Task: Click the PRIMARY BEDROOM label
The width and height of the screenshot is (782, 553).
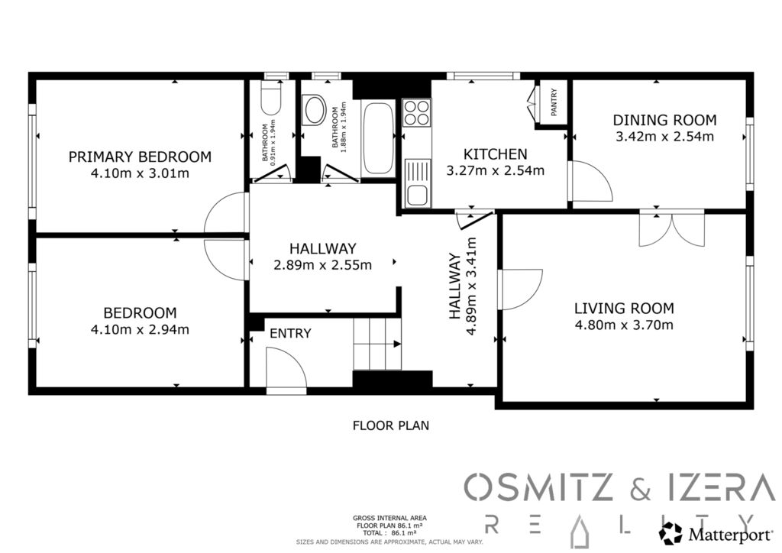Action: (x=140, y=157)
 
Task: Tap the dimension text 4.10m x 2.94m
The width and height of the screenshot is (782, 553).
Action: (x=140, y=330)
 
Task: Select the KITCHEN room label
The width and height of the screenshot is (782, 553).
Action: (x=495, y=154)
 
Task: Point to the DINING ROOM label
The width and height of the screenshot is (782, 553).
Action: (x=665, y=120)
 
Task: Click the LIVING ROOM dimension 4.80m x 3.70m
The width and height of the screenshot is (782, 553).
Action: (x=624, y=325)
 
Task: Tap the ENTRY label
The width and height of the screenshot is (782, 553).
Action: (x=290, y=333)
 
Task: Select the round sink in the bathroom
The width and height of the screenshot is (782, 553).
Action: (x=315, y=110)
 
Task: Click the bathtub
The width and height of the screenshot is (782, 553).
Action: (x=377, y=137)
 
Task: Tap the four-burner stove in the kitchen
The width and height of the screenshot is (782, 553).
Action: (x=417, y=113)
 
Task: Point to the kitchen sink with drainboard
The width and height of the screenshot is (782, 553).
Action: (x=417, y=183)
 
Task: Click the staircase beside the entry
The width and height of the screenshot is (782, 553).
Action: (x=377, y=344)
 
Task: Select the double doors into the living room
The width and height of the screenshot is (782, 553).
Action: (x=672, y=229)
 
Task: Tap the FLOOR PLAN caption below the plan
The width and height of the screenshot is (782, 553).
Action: (x=391, y=425)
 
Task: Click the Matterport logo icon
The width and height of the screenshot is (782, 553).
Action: (x=671, y=533)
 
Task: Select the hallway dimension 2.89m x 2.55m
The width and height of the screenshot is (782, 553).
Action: (x=323, y=265)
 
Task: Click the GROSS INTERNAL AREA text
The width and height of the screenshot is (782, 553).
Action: (x=389, y=519)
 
